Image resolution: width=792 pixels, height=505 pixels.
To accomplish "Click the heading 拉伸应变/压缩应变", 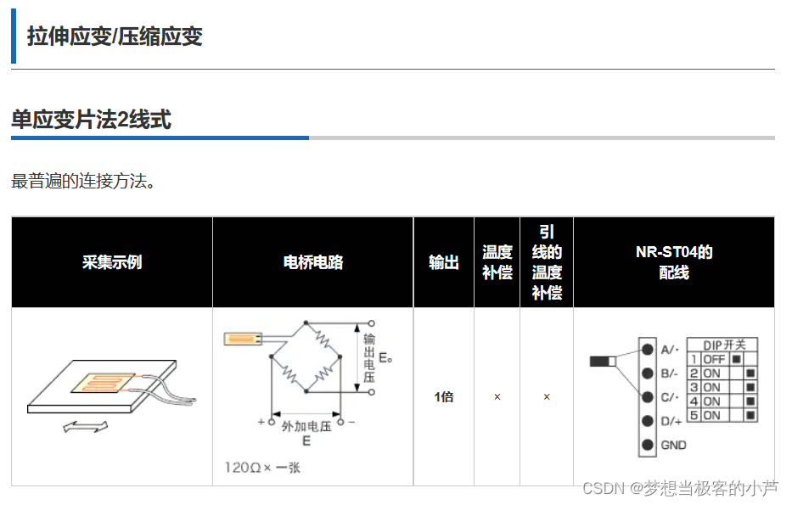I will tap(115, 36).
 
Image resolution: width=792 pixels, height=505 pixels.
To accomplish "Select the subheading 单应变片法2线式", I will tap(91, 120).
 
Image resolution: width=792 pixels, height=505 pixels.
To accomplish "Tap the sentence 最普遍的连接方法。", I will tap(82, 181).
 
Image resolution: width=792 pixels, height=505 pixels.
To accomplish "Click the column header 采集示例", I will tap(111, 262).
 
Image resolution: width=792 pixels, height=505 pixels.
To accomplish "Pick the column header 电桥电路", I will tap(312, 262).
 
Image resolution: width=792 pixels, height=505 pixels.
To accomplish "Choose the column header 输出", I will tap(443, 262).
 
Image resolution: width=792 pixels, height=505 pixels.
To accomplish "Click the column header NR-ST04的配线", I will tap(674, 262).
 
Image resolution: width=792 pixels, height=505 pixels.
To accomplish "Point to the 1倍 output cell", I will tap(443, 397).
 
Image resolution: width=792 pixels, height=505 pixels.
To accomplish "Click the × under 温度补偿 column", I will tap(497, 397).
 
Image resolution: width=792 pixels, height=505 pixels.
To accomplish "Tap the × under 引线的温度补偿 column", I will tap(547, 397).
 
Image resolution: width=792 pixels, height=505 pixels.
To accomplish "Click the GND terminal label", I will tap(673, 445).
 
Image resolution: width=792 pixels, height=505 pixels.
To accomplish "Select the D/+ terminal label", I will tap(671, 421).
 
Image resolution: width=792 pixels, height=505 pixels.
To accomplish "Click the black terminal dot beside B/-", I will tap(648, 373).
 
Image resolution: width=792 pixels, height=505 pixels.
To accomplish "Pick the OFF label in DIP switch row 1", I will tap(714, 359).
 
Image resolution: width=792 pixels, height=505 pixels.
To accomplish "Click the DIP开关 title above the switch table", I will tap(724, 345).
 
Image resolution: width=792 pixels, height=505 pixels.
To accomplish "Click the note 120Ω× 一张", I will tap(262, 468).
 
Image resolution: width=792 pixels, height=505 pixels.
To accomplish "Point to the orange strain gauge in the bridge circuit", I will tap(242, 339).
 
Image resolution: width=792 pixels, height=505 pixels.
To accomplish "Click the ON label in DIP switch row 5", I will tap(711, 416).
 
